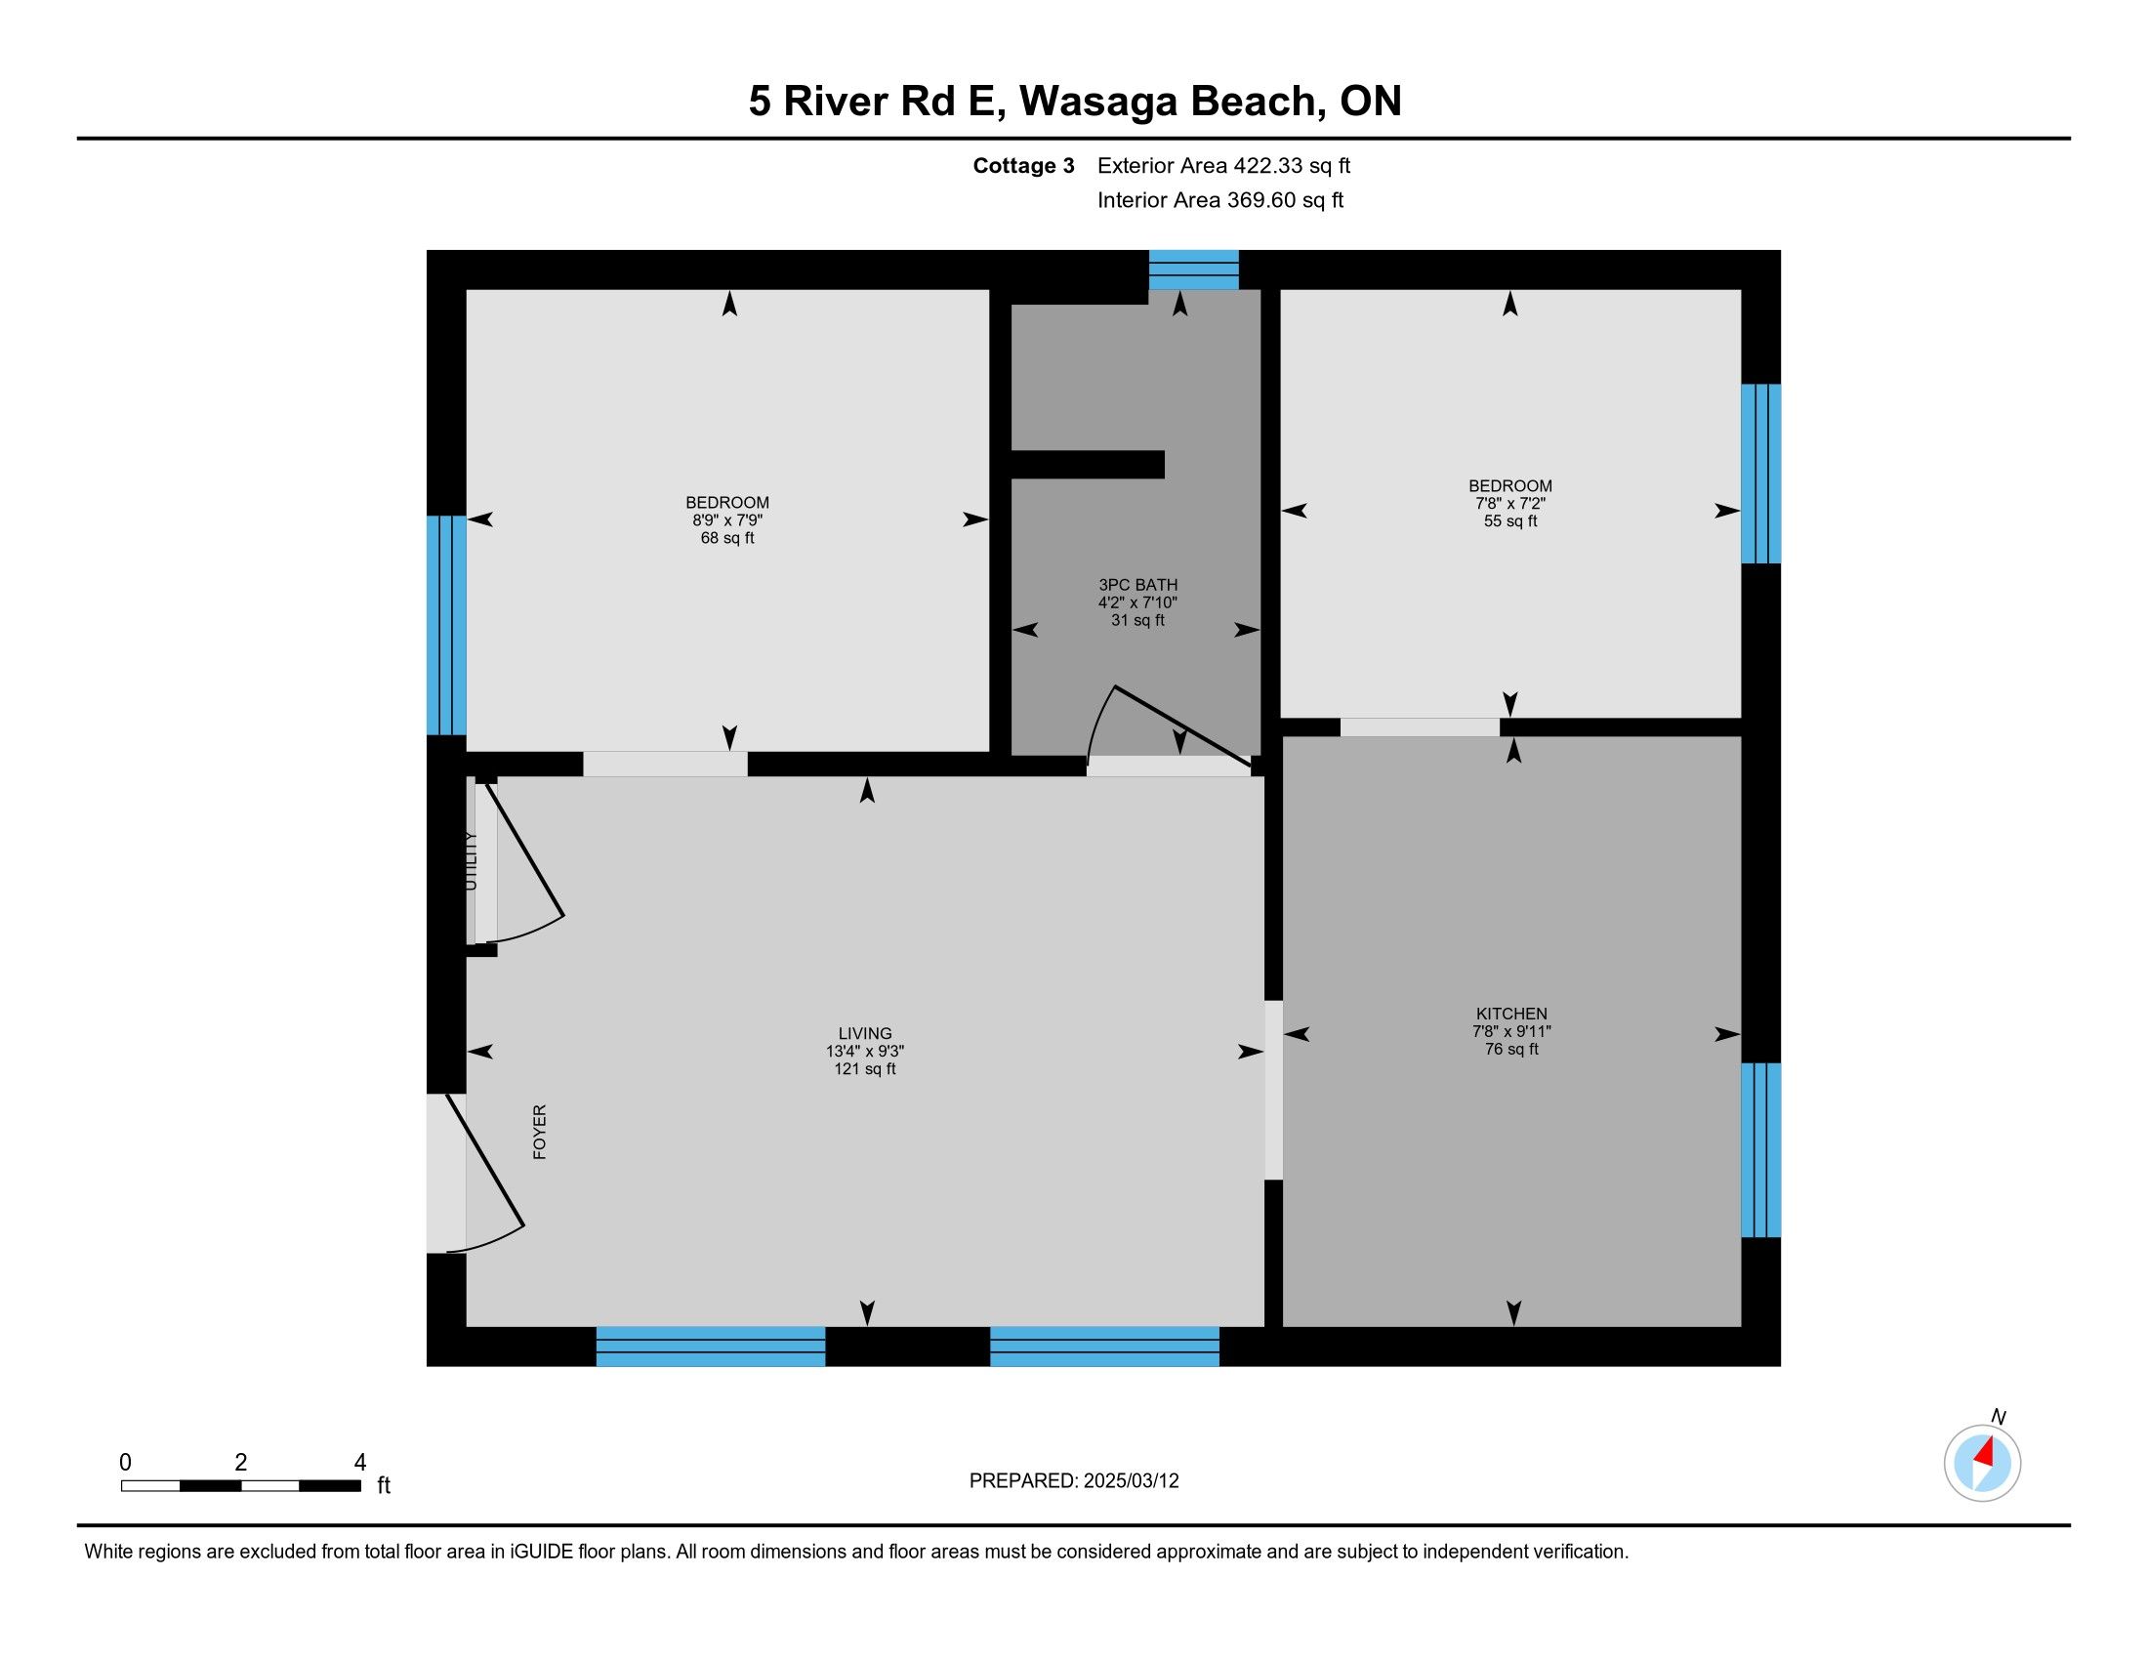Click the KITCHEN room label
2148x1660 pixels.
1511,1014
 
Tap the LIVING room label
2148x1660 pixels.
865,1033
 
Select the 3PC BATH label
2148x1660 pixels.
1137,585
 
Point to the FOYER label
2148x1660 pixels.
540,1132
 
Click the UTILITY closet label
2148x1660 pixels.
471,861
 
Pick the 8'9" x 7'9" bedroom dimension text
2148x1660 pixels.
727,520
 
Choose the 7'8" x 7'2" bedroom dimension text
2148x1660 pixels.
1510,504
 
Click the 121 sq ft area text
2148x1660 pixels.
865,1069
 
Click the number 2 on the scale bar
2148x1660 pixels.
241,1463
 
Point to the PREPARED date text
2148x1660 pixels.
1074,1481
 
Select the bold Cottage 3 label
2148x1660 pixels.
1024,166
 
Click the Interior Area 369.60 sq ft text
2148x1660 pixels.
1220,200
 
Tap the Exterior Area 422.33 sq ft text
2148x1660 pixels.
1224,166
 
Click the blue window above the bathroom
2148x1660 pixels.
1194,270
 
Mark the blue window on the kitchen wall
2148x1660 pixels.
1761,1149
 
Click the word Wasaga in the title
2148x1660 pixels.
1097,102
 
